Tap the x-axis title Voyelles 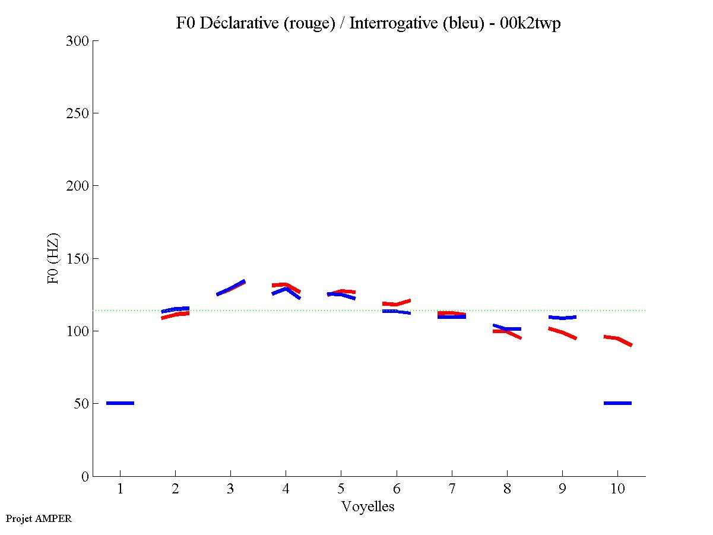point(367,506)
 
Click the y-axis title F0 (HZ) point(53,258)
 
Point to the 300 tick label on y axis point(78,41)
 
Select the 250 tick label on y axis point(78,113)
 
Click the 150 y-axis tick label point(78,259)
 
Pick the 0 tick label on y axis point(85,476)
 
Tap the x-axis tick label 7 point(452,489)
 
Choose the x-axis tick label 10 point(617,489)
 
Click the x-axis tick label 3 point(230,489)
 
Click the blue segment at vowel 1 point(120,403)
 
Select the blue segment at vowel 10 point(617,403)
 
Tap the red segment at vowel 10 point(618,339)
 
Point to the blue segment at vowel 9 point(562,318)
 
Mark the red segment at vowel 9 point(563,333)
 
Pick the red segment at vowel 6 point(397,303)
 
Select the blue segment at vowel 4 point(286,290)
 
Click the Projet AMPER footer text point(39,518)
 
